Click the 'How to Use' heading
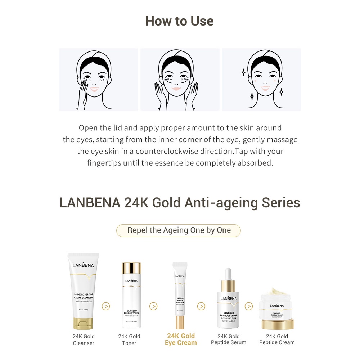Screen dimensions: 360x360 pyautogui.click(x=179, y=21)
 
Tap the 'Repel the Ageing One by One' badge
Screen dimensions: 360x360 pyautogui.click(x=179, y=230)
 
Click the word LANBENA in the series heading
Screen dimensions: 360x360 pyautogui.click(x=90, y=203)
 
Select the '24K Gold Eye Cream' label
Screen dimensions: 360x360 pyautogui.click(x=181, y=339)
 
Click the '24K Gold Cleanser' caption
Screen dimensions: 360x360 pyautogui.click(x=84, y=340)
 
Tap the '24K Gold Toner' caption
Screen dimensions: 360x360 pyautogui.click(x=129, y=340)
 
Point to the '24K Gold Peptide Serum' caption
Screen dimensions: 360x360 pyautogui.click(x=229, y=339)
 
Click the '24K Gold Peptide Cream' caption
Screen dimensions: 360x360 pyautogui.click(x=277, y=339)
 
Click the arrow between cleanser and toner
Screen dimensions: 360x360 pyautogui.click(x=106, y=306)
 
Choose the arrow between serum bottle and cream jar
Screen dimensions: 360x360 pyautogui.click(x=249, y=306)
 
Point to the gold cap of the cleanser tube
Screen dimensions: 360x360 pyautogui.click(x=83, y=323)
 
